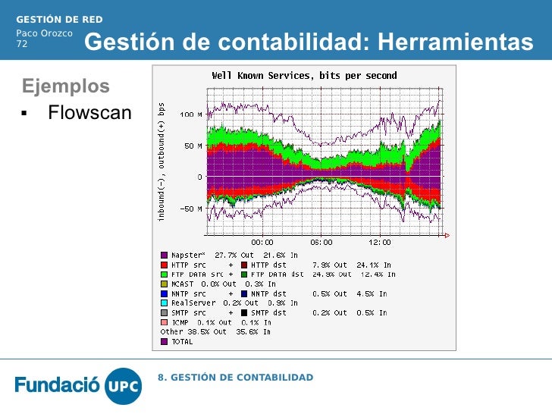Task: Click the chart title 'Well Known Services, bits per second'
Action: pos(304,76)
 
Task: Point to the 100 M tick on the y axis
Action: pos(190,114)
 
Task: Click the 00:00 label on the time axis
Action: pos(262,243)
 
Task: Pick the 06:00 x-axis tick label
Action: pos(321,243)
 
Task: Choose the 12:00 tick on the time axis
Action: pos(380,243)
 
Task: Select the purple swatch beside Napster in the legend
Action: pos(164,256)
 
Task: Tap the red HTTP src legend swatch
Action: pos(164,265)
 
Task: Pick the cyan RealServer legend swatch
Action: pos(164,303)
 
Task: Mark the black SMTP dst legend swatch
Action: pos(244,312)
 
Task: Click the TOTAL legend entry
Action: pos(182,341)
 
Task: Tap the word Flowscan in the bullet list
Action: pos(89,114)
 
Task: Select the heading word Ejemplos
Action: pos(65,85)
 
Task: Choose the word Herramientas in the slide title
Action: pos(455,43)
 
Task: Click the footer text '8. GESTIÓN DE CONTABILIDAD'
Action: pos(235,378)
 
